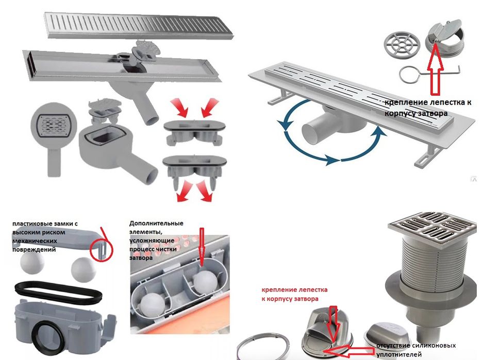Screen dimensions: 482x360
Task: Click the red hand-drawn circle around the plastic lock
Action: click(x=102, y=246)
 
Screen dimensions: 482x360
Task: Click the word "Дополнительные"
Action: click(x=156, y=224)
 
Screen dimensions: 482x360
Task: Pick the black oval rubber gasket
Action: click(x=58, y=292)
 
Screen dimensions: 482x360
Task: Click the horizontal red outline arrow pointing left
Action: click(x=349, y=351)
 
